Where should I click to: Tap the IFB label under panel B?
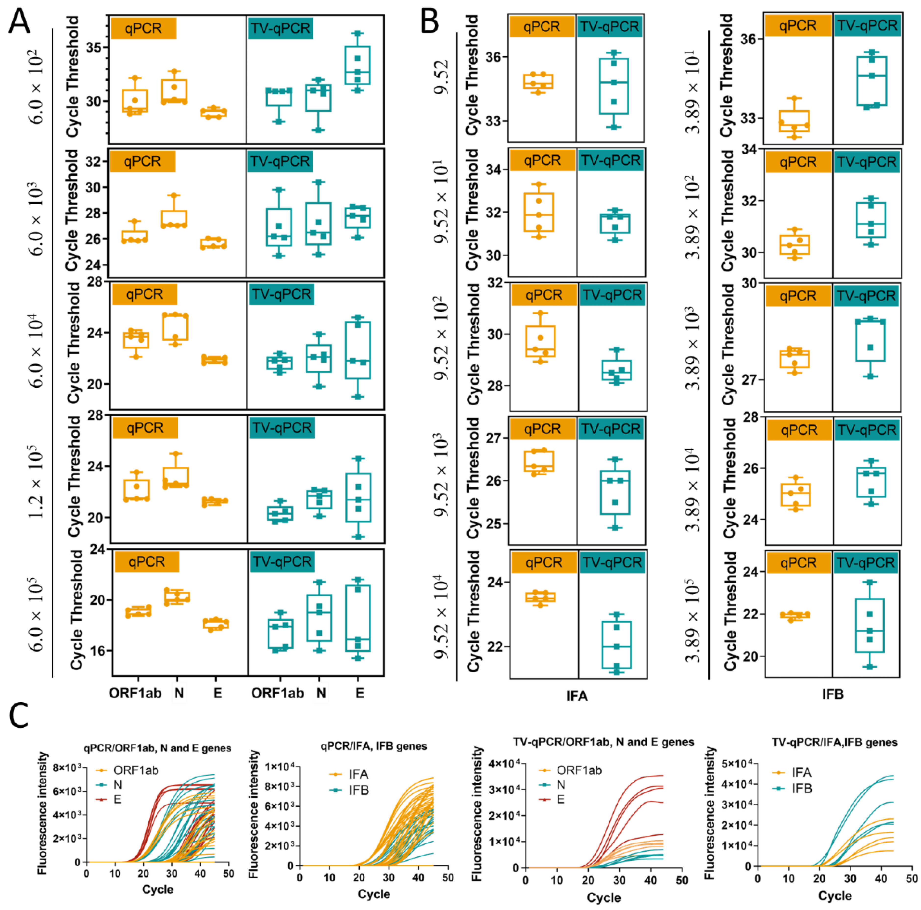[x=833, y=694]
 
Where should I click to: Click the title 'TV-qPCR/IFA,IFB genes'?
[x=835, y=742]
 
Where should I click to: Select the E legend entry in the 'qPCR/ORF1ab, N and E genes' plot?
[x=117, y=799]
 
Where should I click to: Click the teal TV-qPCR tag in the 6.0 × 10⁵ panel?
[x=281, y=562]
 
